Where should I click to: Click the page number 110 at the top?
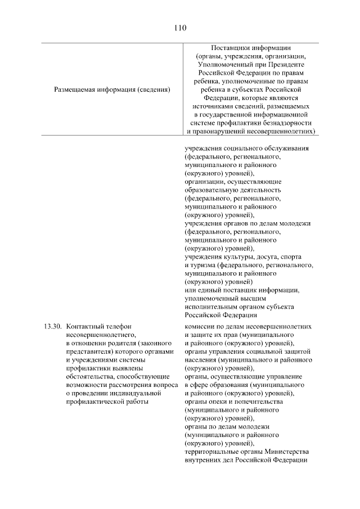click(180, 27)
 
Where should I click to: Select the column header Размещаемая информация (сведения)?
click(112, 89)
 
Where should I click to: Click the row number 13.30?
click(52, 326)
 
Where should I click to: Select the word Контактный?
click(85, 326)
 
